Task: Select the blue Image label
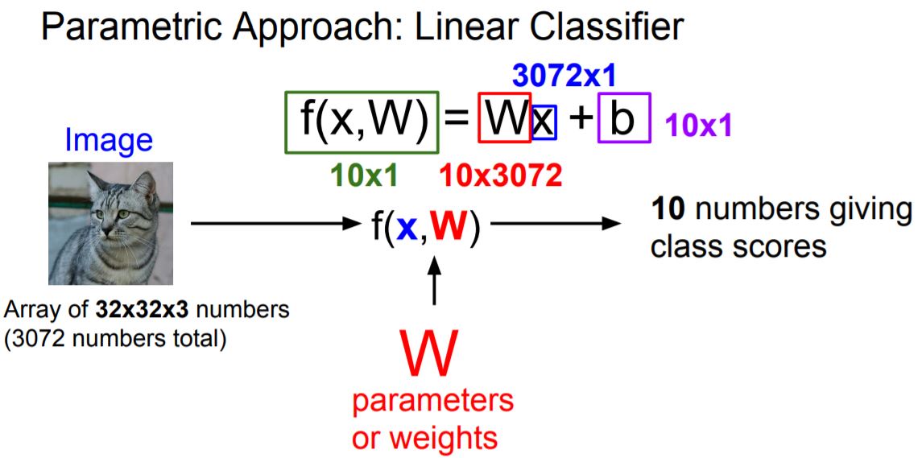(x=109, y=140)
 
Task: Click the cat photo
(x=110, y=223)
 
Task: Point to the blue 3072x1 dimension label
(x=564, y=76)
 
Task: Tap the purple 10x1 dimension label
(x=698, y=126)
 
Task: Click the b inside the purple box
(x=623, y=119)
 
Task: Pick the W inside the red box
(x=504, y=119)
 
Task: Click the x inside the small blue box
(x=544, y=122)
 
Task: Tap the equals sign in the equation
(x=457, y=121)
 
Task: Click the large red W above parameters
(x=432, y=353)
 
